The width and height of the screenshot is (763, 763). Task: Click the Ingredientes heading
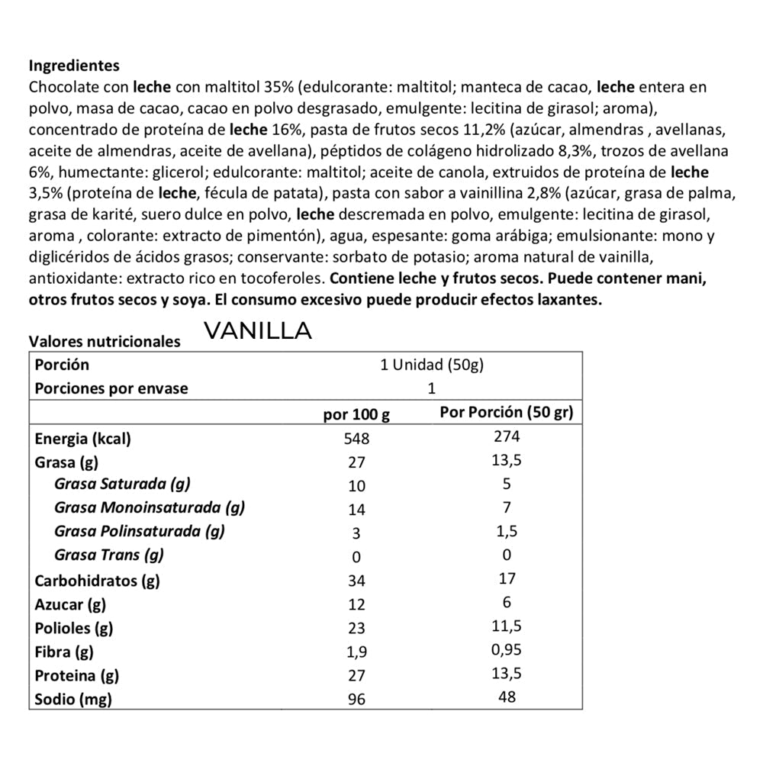pos(74,66)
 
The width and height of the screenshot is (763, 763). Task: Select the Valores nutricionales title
pos(105,341)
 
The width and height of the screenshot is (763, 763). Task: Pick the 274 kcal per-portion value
pos(507,436)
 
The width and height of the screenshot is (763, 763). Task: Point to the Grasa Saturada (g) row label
pos(122,484)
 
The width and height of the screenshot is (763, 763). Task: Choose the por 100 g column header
pos(356,415)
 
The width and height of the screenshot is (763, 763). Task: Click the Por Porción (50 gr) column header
pos(507,413)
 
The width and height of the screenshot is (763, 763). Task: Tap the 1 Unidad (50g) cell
pos(432,365)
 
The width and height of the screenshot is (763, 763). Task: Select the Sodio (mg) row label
pos(73,698)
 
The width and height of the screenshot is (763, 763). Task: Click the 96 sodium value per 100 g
pos(356,699)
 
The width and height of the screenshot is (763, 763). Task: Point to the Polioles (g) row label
pos(74,628)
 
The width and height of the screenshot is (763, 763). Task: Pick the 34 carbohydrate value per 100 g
pos(356,581)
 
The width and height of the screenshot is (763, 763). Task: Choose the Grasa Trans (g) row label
pos(109,555)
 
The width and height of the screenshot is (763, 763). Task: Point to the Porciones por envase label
pos(111,388)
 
